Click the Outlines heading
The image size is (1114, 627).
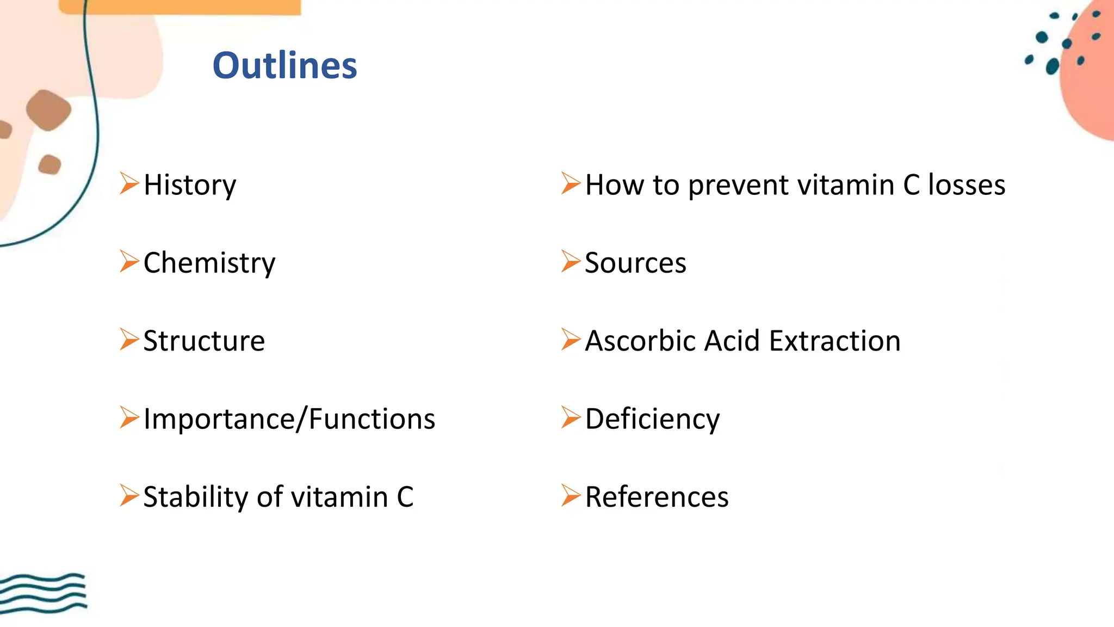click(284, 65)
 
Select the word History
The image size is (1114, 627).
click(190, 185)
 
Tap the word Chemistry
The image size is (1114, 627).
click(209, 263)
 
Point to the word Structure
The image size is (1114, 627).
click(204, 341)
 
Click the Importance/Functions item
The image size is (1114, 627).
click(289, 419)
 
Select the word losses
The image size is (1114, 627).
click(966, 185)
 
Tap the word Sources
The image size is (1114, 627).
click(635, 263)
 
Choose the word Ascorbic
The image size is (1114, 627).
click(641, 341)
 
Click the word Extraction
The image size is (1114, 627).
click(835, 341)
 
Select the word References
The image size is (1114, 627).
click(657, 497)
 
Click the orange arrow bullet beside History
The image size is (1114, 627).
click(129, 183)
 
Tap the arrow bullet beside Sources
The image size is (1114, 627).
click(571, 261)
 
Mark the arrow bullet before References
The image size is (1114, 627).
click(571, 495)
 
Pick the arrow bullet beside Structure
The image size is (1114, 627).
click(129, 339)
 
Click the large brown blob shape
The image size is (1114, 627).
click(48, 110)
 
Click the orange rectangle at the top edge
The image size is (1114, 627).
click(180, 7)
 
